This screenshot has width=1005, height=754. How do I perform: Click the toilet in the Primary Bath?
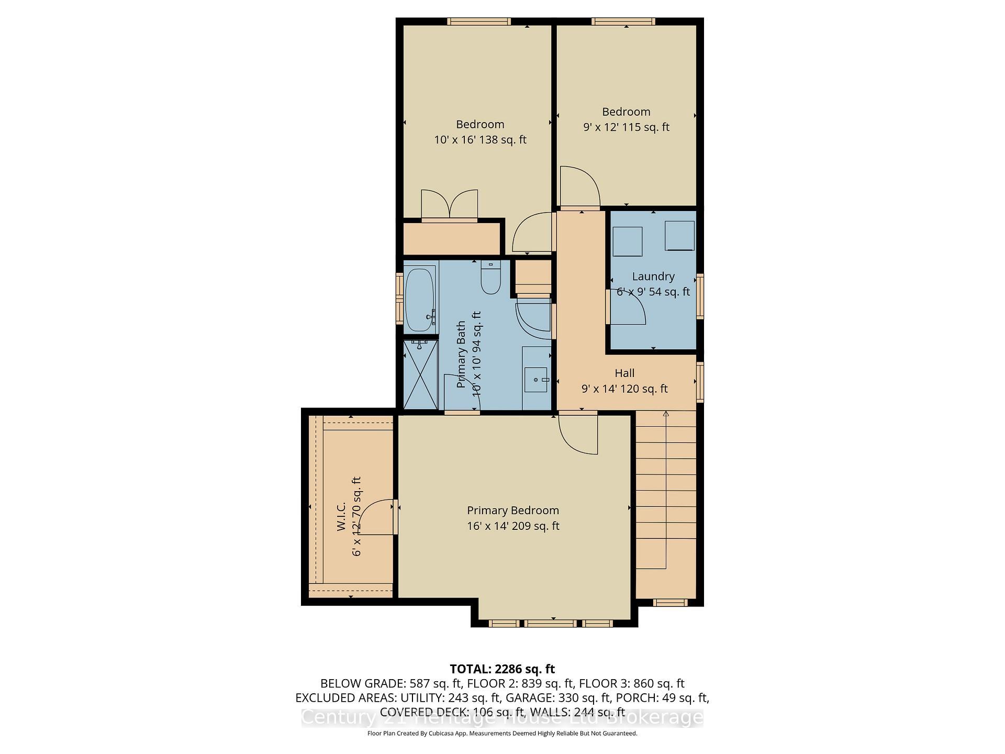click(491, 279)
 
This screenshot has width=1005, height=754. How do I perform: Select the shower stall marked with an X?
click(420, 375)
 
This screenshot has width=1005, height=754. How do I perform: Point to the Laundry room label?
click(653, 276)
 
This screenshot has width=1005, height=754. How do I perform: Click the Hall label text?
click(624, 373)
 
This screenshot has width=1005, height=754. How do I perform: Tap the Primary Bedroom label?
click(512, 511)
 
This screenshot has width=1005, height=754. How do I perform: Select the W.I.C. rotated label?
click(341, 517)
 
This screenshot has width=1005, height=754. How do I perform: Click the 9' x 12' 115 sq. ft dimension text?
click(626, 127)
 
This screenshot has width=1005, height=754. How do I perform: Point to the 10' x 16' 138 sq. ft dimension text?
click(479, 140)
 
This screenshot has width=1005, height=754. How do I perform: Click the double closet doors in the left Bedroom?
click(449, 205)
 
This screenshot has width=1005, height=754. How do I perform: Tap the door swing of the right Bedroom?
click(580, 186)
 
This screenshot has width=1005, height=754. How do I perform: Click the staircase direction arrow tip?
click(666, 414)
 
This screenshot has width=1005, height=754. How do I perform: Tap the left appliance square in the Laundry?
click(627, 241)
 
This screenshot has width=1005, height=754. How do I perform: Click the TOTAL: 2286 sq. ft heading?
click(502, 669)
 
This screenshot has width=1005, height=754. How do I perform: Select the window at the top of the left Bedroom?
click(478, 21)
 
